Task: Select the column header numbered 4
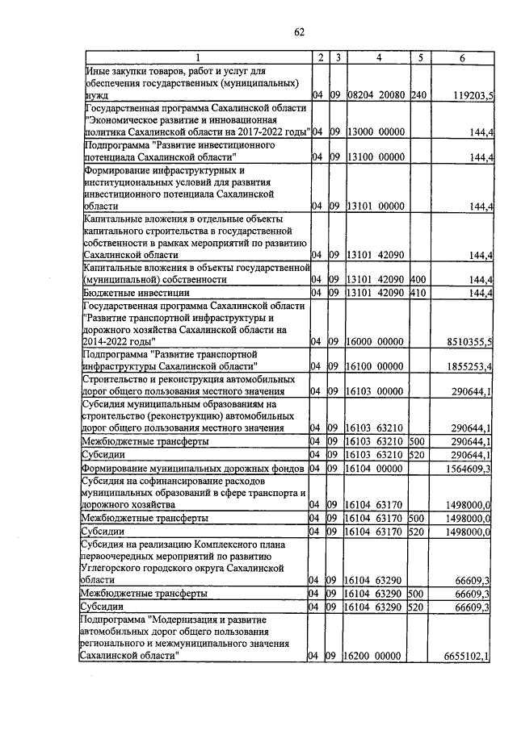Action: click(377, 57)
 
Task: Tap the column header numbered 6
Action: click(462, 57)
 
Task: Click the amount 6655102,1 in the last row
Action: click(468, 657)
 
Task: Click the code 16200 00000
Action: click(376, 657)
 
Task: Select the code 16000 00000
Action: click(376, 343)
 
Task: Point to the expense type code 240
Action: click(418, 96)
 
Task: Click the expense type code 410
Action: click(418, 293)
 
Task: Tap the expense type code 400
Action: click(418, 279)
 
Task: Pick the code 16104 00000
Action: click(376, 467)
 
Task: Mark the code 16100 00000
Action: click(376, 367)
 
